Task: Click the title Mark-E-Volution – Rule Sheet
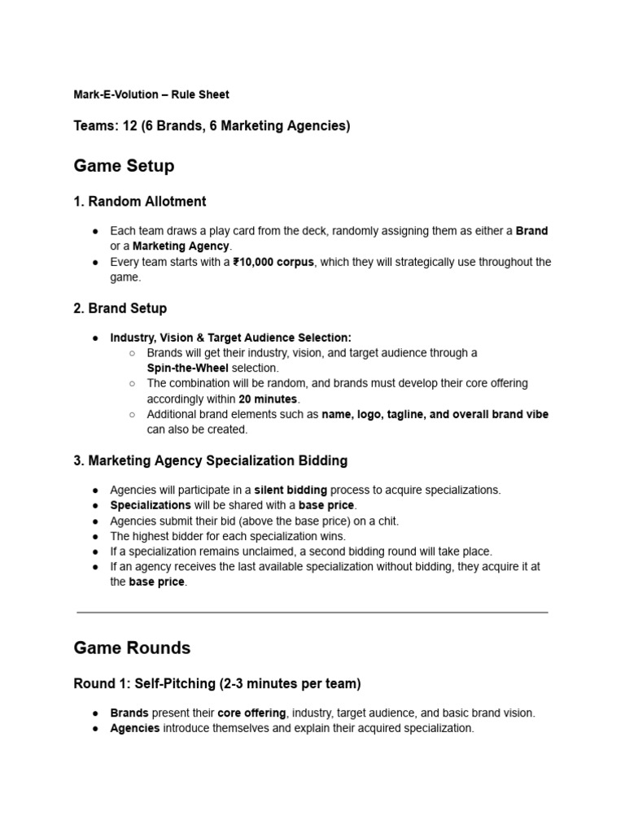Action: coord(151,94)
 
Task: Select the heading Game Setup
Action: coord(124,166)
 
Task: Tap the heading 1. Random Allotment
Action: coord(140,202)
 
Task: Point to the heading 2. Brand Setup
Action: coord(120,308)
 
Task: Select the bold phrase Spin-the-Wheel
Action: coord(188,368)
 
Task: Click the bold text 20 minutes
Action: coord(269,399)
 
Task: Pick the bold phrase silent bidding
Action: coord(291,490)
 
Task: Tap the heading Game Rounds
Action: coord(132,648)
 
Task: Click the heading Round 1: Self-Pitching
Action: coord(217,684)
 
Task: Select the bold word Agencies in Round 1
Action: coord(135,728)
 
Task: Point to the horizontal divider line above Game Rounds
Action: coord(312,612)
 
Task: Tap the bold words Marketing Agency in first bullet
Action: coord(181,246)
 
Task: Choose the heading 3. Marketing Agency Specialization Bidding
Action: coord(211,460)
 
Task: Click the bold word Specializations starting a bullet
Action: coord(151,505)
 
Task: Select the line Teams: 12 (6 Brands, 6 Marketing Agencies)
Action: coord(212,126)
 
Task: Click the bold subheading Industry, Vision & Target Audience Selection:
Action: coord(231,338)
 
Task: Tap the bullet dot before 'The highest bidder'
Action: coord(96,536)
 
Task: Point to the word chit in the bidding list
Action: coord(387,521)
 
